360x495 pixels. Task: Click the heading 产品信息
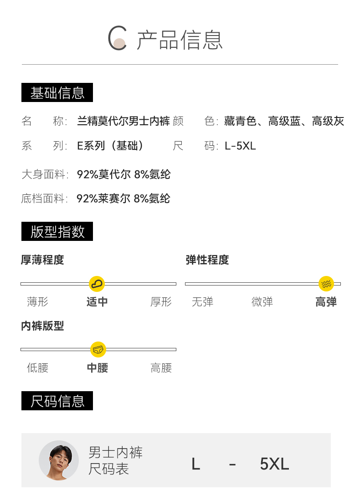pos(180,40)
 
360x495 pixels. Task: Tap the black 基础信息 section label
pos(57,92)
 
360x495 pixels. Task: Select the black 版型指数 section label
pos(57,231)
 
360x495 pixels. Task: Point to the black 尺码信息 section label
pos(57,401)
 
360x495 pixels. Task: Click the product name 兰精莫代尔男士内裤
pos(123,121)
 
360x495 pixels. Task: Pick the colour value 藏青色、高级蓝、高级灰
pos(284,121)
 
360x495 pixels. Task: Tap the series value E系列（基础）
pos(111,146)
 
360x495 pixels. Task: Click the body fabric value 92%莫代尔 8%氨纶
pos(123,174)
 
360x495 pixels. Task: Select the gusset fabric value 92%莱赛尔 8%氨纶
pos(123,199)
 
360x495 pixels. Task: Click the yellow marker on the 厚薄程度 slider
pos(97,284)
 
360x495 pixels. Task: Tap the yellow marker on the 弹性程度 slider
pos(326,284)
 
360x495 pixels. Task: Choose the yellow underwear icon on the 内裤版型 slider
pos(98,349)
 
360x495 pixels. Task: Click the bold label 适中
pos(97,301)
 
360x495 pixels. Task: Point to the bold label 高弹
pos(326,301)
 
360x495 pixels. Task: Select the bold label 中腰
pos(98,367)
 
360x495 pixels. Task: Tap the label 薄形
pos(37,301)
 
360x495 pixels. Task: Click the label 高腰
pos(161,367)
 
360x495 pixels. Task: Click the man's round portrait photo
pos(59,460)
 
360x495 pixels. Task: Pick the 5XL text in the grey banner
pos(274,464)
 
